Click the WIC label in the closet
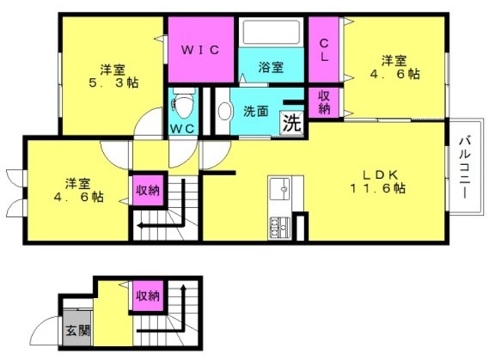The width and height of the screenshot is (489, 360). click(200, 50)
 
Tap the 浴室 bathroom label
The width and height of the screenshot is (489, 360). click(270, 66)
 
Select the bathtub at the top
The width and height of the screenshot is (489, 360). click(271, 32)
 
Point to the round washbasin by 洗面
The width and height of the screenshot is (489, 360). click(225, 111)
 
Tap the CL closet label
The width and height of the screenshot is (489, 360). click(324, 50)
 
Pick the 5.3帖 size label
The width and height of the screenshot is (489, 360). click(114, 83)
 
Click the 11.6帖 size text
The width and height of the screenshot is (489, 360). click(378, 188)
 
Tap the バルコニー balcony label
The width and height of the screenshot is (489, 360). click(465, 167)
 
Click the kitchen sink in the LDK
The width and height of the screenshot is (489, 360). click(280, 189)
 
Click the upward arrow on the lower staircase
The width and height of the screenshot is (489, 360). click(183, 304)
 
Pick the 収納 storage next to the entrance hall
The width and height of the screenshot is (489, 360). click(148, 296)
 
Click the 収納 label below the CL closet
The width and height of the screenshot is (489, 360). click(324, 102)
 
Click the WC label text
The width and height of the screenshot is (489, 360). click(183, 128)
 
